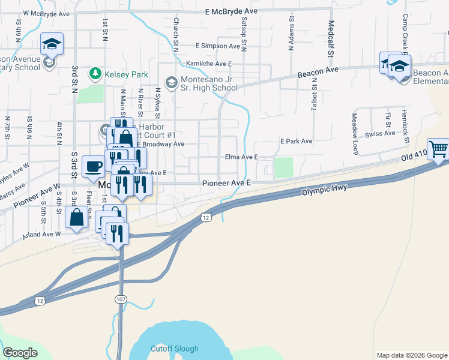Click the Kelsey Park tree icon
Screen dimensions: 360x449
pos(95,73)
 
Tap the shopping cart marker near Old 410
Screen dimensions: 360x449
pos(438,148)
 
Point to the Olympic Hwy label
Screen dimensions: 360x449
pos(325,190)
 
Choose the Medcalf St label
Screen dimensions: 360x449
pos(331,39)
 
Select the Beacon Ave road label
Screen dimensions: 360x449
pos(318,72)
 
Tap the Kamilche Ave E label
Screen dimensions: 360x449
pos(208,64)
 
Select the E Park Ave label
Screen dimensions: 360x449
pos(297,142)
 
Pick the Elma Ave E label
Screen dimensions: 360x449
pos(241,157)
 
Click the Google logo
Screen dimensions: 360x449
pos(20,353)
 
